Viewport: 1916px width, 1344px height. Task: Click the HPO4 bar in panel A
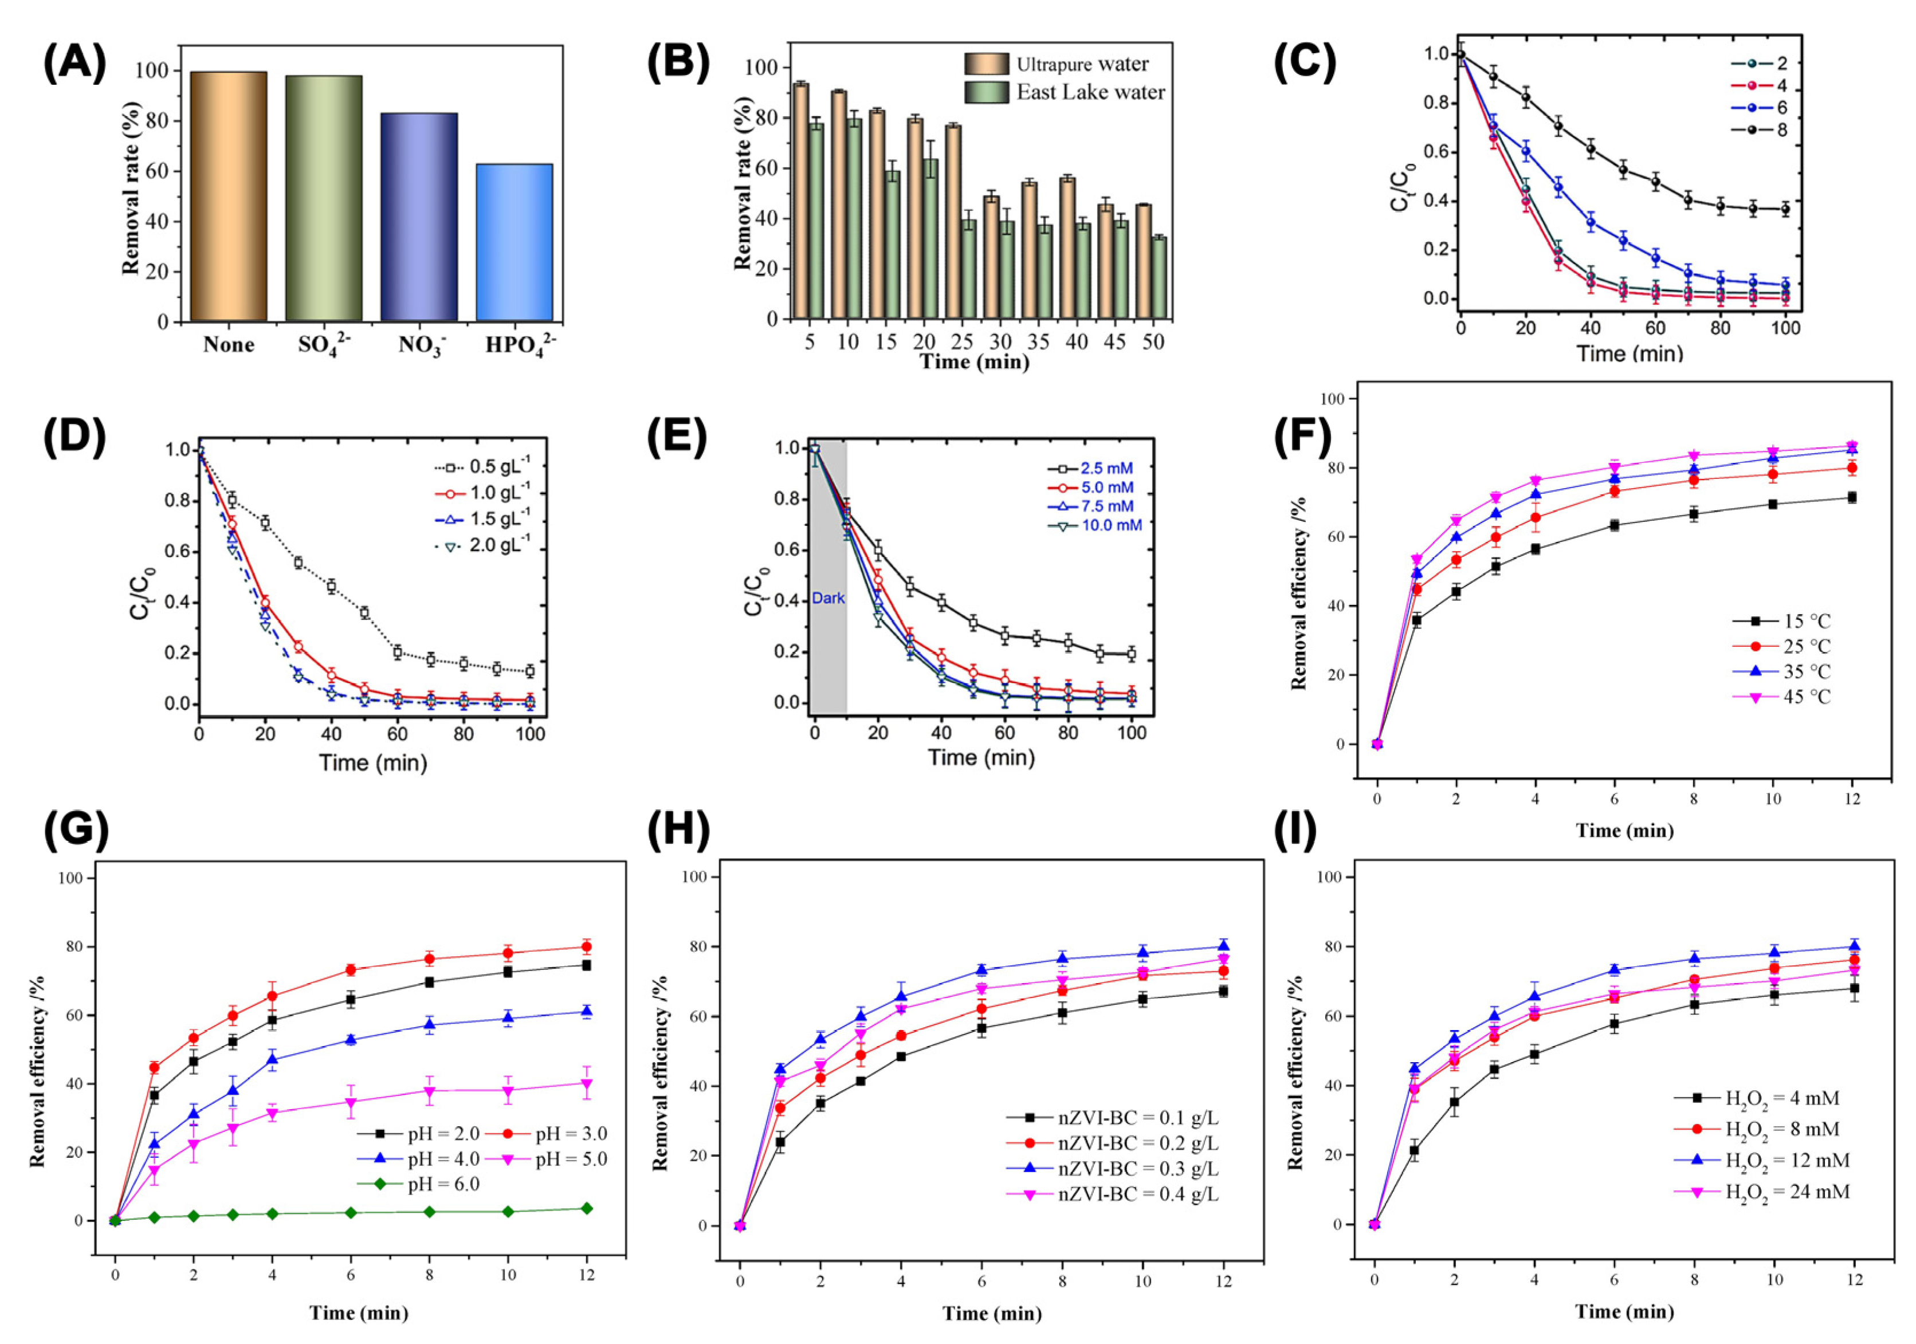513,242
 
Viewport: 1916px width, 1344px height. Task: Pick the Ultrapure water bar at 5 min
800,200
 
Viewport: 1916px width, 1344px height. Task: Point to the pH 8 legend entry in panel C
1761,129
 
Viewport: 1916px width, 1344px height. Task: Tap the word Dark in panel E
828,598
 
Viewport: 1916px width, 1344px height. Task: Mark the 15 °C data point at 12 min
1852,497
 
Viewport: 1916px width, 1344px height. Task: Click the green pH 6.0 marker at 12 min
587,1208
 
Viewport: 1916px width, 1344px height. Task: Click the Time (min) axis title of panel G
359,1312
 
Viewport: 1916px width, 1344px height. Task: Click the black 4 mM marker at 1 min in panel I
1415,1150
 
